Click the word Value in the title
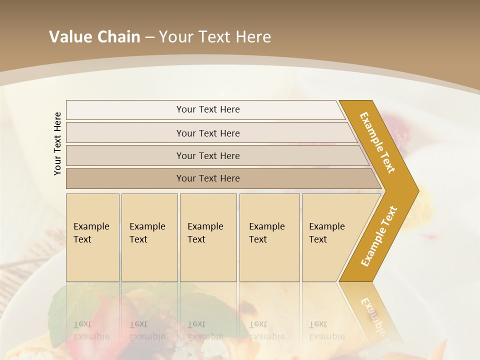pyautogui.click(x=70, y=37)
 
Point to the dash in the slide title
pyautogui.click(x=149, y=37)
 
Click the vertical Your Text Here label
pyautogui.click(x=57, y=143)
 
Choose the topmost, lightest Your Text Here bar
pyautogui.click(x=208, y=109)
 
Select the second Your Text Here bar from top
pyautogui.click(x=208, y=133)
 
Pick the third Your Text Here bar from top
pyautogui.click(x=208, y=155)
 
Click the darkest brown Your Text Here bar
pyautogui.click(x=208, y=178)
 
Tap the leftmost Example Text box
pyautogui.click(x=92, y=237)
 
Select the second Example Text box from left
pyautogui.click(x=149, y=237)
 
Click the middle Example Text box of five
pyautogui.click(x=208, y=237)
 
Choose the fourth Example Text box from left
pyautogui.click(x=269, y=237)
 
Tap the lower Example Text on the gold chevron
pyautogui.click(x=379, y=236)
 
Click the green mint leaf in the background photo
pyautogui.click(x=75, y=305)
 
